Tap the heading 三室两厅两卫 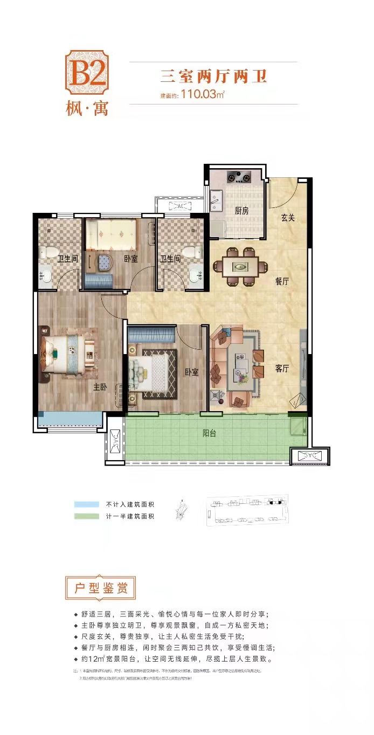point(213,76)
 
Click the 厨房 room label point(241,211)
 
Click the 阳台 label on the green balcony point(210,433)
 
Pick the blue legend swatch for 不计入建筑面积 point(87,504)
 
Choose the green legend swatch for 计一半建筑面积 point(87,516)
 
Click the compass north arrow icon point(182,509)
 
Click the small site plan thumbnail point(247,510)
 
